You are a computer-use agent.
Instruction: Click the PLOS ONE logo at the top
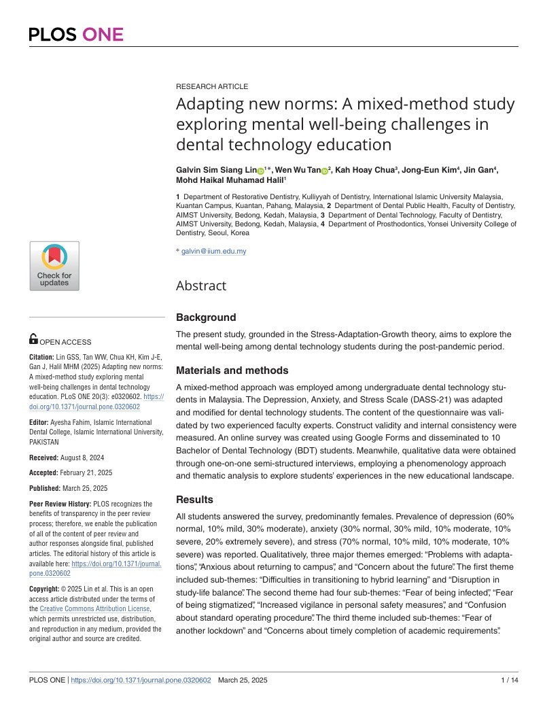tap(76, 34)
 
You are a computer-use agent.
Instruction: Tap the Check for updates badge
tap(54, 266)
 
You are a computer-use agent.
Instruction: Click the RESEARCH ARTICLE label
tap(211, 86)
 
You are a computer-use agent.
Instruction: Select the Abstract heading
tap(201, 286)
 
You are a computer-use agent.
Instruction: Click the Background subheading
tap(206, 317)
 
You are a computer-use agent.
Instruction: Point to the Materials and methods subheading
tap(232, 370)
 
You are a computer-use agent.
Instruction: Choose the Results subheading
tap(196, 499)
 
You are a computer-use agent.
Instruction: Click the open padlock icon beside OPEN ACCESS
tap(33, 339)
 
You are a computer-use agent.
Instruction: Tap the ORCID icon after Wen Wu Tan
tap(324, 170)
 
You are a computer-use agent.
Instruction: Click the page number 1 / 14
tap(509, 680)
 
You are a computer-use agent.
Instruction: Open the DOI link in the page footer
tap(141, 680)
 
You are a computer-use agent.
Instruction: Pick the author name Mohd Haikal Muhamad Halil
tap(230, 180)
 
